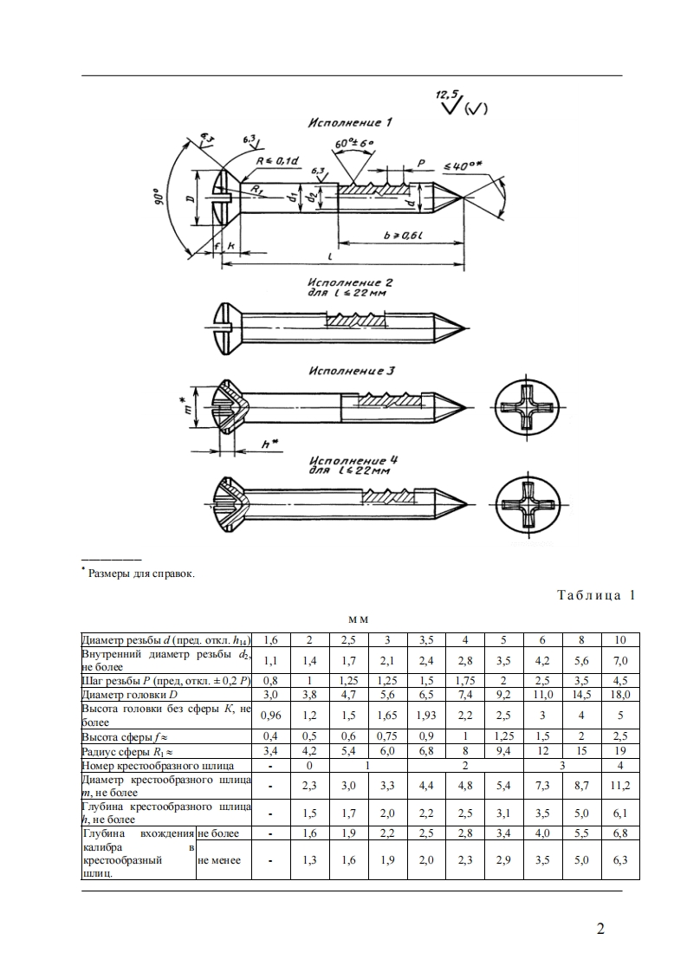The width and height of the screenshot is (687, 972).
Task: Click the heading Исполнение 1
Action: (x=350, y=123)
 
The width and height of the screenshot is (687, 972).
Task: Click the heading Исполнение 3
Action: (x=352, y=371)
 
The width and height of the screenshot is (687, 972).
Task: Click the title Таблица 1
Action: (x=597, y=595)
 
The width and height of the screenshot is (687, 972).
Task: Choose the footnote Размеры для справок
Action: (x=140, y=573)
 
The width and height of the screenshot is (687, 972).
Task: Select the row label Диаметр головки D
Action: (x=130, y=695)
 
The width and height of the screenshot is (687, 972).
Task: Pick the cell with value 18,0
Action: (x=619, y=695)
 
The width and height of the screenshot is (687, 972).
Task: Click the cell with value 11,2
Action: (x=619, y=786)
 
